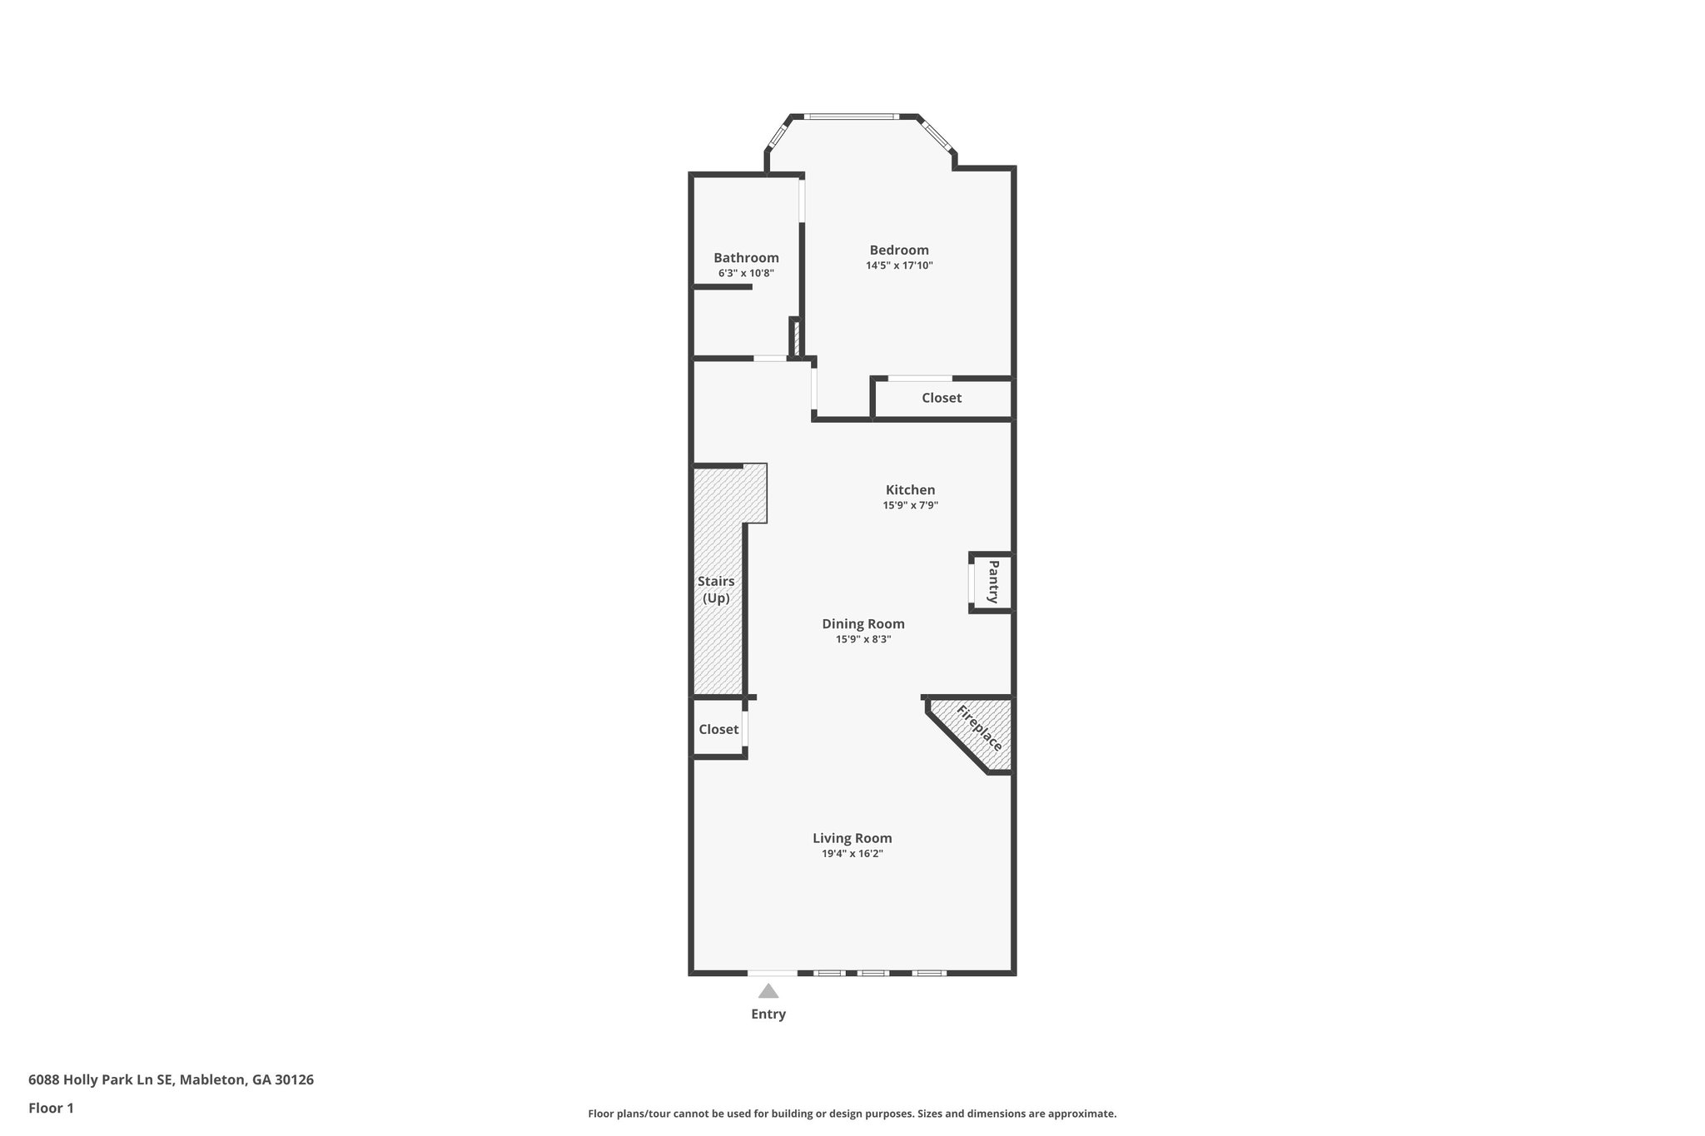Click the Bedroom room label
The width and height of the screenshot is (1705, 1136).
[x=899, y=250]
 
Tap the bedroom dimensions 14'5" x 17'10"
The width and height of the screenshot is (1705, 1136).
[x=899, y=265]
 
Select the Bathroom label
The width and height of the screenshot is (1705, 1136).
[x=746, y=258]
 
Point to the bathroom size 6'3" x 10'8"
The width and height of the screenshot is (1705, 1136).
[x=746, y=273]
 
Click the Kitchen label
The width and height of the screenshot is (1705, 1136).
[x=910, y=489]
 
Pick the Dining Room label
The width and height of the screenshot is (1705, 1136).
[x=863, y=623]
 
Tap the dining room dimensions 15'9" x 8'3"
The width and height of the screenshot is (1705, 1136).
[x=863, y=639]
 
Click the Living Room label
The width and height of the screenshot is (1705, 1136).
[x=852, y=838]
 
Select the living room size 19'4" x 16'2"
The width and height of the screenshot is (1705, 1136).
[x=852, y=854]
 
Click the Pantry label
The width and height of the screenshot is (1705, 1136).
[x=993, y=582]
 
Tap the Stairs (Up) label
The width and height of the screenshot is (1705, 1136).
[x=716, y=589]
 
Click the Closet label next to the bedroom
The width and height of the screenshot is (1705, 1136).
[x=942, y=398]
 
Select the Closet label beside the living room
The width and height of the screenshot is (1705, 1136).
[x=718, y=729]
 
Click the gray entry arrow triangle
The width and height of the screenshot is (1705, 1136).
[x=768, y=991]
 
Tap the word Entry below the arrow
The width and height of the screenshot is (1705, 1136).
[x=768, y=1014]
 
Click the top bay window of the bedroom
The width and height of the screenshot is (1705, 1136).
[x=852, y=117]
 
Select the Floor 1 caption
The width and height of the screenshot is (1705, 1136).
[x=52, y=1108]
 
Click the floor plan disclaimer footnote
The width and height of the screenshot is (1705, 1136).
[x=852, y=1114]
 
